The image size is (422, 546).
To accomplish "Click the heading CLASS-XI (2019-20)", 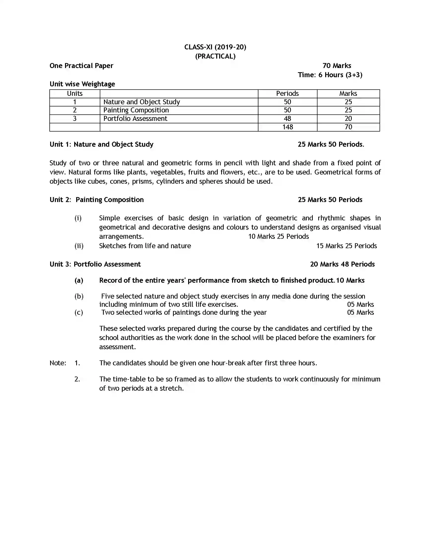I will [215, 47].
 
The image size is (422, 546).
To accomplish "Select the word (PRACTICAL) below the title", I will [215, 56].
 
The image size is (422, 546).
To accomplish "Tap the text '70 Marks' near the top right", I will [337, 66].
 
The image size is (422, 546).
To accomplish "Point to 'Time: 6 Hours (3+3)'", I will [330, 75].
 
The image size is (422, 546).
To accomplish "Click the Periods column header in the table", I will [287, 94].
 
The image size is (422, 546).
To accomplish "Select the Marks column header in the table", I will [348, 94].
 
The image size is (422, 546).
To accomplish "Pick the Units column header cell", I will [74, 94].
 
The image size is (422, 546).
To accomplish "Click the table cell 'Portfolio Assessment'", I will [135, 118].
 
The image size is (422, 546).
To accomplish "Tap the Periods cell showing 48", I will [287, 118].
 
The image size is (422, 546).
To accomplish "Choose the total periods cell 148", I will [287, 127].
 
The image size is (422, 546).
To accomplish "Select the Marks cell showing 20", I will [348, 118].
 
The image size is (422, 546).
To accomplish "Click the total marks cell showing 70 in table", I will [348, 127].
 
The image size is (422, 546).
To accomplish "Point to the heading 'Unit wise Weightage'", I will [82, 84].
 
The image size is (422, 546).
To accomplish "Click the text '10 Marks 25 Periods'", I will [279, 237].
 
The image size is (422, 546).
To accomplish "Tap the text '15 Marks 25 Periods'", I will [347, 246].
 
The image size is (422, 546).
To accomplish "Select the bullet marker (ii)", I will [79, 246].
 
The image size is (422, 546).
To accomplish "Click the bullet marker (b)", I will [79, 296].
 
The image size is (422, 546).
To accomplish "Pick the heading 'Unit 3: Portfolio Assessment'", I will [95, 264].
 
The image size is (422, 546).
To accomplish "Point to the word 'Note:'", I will [58, 363].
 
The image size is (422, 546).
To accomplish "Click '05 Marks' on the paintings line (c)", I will [360, 312].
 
